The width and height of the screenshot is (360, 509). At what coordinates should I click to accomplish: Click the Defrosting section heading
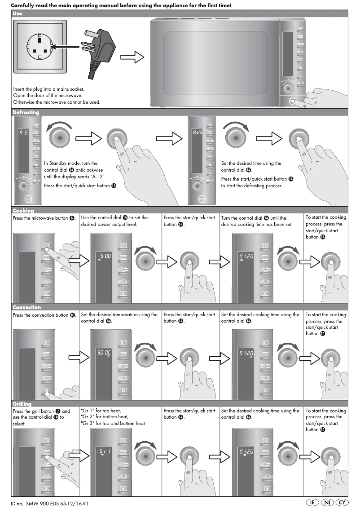(26, 112)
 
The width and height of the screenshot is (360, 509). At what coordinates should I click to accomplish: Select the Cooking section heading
(23, 210)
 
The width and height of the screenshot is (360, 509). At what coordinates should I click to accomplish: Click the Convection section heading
(26, 307)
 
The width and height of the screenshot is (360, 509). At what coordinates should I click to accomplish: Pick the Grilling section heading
(22, 404)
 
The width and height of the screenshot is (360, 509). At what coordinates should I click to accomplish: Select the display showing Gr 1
(104, 450)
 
